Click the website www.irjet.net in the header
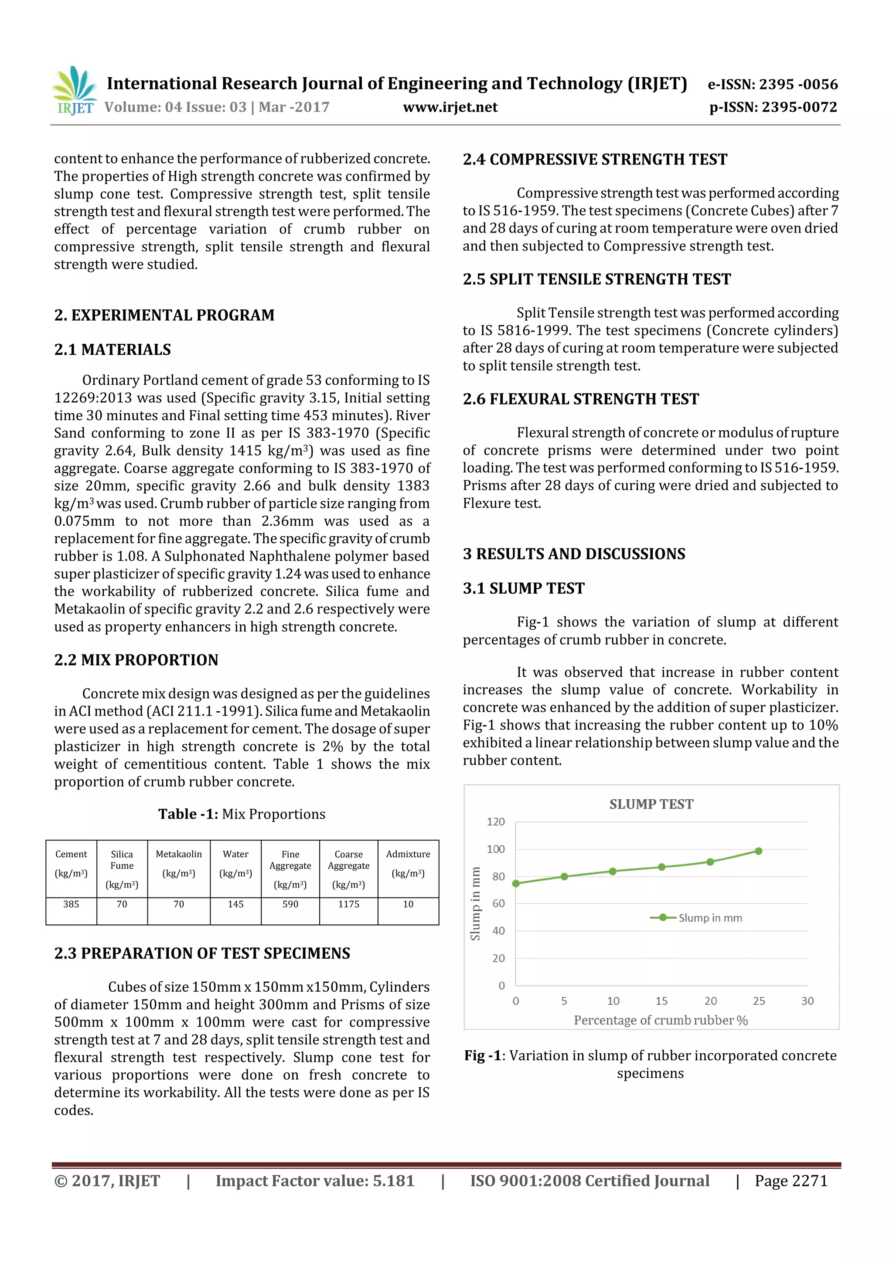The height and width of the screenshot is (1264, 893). (450, 107)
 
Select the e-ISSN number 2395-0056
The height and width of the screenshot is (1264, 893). (773, 84)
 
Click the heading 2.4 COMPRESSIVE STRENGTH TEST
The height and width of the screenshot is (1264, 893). (595, 160)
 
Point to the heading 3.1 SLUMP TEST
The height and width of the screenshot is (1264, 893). (523, 589)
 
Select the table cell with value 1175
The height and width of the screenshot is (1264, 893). (348, 904)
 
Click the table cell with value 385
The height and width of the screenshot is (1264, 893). (71, 904)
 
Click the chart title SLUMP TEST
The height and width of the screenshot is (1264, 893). (651, 804)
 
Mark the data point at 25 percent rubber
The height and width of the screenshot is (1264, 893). (758, 851)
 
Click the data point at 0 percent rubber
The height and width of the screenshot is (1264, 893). (515, 884)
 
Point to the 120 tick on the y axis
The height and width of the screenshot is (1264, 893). (495, 822)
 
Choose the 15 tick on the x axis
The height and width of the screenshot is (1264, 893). (661, 1001)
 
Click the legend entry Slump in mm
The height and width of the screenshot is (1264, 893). (709, 918)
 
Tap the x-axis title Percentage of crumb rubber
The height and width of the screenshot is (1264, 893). (660, 1020)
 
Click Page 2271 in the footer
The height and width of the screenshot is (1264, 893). (791, 1181)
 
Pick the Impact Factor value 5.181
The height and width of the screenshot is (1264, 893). (315, 1181)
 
